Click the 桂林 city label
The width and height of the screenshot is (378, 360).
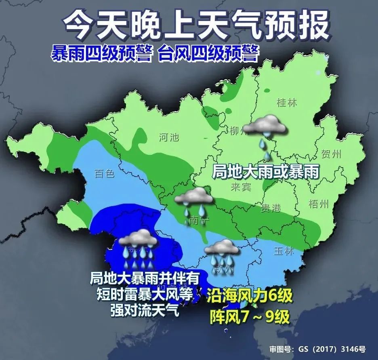287,103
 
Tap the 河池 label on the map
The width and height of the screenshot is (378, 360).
169,137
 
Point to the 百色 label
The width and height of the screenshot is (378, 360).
105,174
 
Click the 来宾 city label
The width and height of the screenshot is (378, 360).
241,187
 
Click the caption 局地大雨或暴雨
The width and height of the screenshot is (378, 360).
265,173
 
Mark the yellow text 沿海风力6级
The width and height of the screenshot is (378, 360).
249,298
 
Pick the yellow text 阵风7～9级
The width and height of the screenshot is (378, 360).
249,316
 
